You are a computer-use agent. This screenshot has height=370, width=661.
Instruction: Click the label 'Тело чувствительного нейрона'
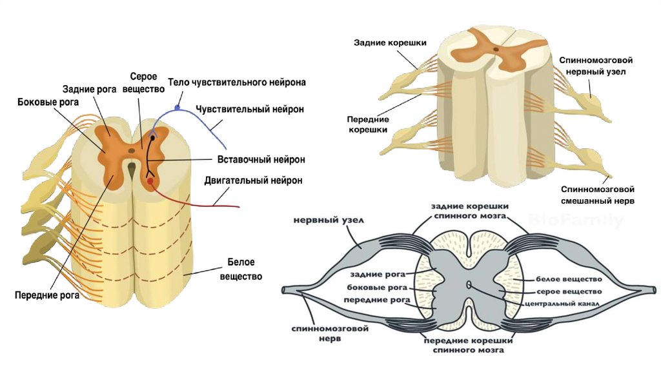(x=236, y=83)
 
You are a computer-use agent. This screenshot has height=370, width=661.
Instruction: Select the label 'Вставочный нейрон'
(x=252, y=159)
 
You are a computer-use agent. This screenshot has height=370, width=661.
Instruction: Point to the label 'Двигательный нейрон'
(x=253, y=180)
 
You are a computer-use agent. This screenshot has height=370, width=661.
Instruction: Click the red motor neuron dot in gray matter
(x=151, y=182)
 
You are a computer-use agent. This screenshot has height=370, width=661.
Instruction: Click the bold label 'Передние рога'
(x=47, y=296)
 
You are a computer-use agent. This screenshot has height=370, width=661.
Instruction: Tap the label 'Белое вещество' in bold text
(x=241, y=269)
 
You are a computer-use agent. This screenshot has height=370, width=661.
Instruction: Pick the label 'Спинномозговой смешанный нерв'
(x=597, y=195)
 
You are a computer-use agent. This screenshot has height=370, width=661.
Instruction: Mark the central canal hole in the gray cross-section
(x=469, y=284)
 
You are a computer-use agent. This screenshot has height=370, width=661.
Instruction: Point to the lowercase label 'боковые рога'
(x=377, y=287)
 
